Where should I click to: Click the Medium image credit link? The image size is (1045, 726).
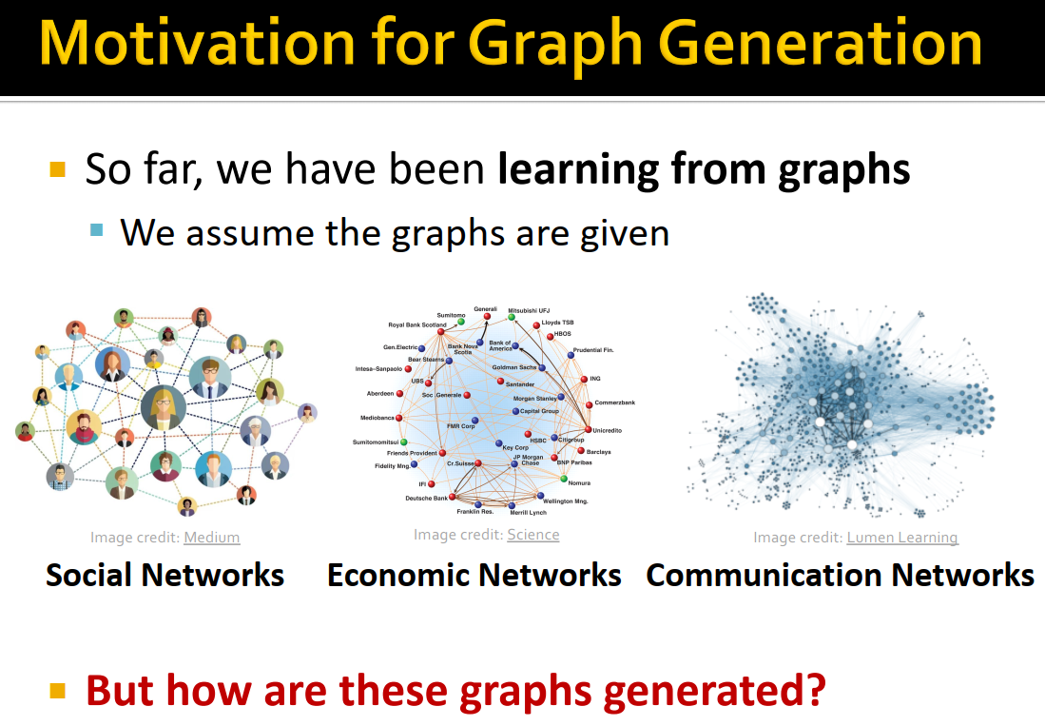click(x=211, y=538)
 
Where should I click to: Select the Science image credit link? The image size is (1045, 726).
click(x=532, y=535)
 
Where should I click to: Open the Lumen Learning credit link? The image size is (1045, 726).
click(x=901, y=538)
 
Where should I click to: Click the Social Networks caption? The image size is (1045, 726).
click(x=164, y=575)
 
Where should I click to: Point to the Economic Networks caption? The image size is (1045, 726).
click(x=474, y=575)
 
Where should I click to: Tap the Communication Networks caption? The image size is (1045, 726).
click(x=840, y=575)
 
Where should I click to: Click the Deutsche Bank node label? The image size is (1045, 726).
click(x=426, y=498)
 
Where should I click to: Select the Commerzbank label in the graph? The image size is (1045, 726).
click(x=614, y=402)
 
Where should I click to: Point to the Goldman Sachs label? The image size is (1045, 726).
click(x=513, y=366)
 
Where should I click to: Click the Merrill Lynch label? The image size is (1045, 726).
click(x=527, y=512)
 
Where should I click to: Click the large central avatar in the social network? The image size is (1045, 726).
click(x=163, y=406)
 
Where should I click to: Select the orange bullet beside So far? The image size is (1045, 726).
click(x=58, y=170)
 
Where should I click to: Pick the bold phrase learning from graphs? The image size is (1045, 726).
click(x=704, y=169)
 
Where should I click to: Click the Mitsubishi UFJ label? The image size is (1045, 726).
click(x=529, y=310)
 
